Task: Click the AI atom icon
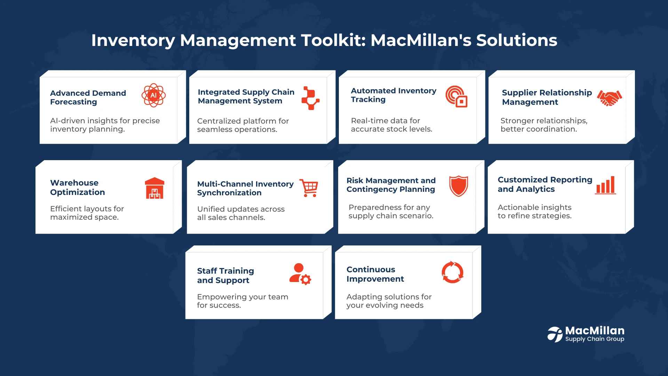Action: tap(153, 95)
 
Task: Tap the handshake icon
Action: tap(610, 98)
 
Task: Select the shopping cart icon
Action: tap(309, 188)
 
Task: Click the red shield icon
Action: tap(459, 186)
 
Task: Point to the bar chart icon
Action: tap(605, 185)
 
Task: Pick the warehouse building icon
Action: tap(154, 188)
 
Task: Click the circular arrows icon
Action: tap(453, 272)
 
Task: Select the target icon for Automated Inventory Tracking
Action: tap(456, 96)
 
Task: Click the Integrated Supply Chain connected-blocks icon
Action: tap(310, 98)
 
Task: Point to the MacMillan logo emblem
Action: tap(555, 334)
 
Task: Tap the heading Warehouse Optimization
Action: tap(78, 188)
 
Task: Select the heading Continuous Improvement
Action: tap(375, 274)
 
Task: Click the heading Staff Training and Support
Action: tap(225, 276)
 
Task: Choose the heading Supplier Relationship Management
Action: tap(547, 97)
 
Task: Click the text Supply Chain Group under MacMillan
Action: tap(595, 339)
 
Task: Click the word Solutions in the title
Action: tap(517, 40)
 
